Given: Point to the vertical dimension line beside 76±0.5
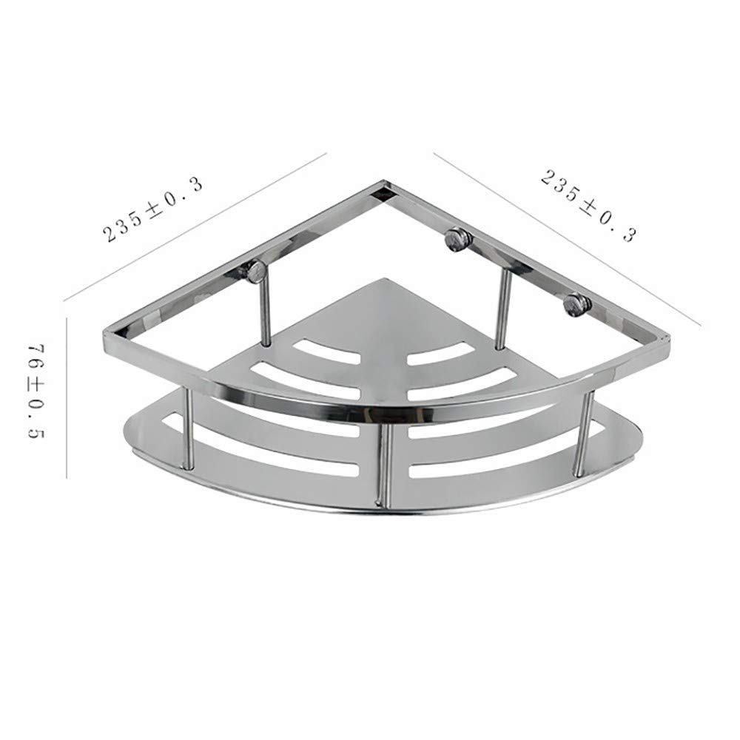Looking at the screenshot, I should point(67,396).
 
